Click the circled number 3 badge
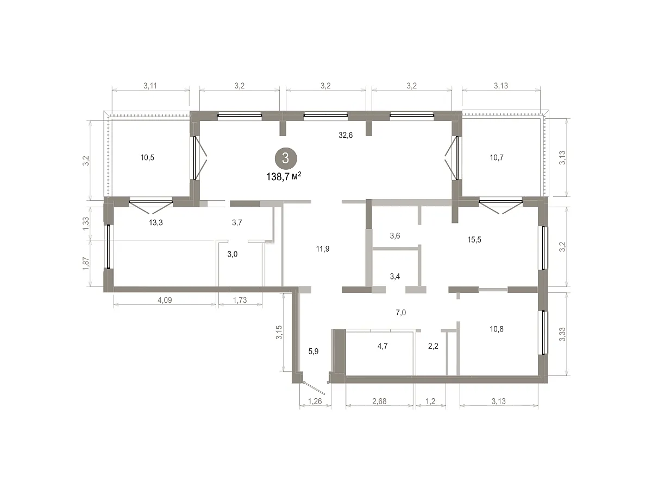click(x=286, y=158)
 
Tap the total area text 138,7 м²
click(x=284, y=177)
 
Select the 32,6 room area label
click(x=346, y=135)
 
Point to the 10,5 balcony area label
click(x=147, y=157)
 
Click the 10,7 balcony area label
click(x=497, y=157)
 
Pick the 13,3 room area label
click(x=155, y=222)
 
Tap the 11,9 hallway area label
click(x=323, y=249)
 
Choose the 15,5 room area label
click(x=474, y=240)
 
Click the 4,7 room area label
click(x=383, y=346)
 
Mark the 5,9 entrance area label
click(x=314, y=352)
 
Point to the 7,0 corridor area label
click(x=400, y=313)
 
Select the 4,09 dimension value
click(x=165, y=300)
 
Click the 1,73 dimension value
click(x=240, y=300)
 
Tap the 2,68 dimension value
click(x=379, y=401)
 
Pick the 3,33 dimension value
click(x=562, y=334)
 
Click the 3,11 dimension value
click(x=150, y=86)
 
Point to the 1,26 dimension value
click(x=315, y=401)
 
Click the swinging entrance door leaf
click(x=314, y=388)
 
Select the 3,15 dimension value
click(x=279, y=333)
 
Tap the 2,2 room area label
click(x=433, y=346)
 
